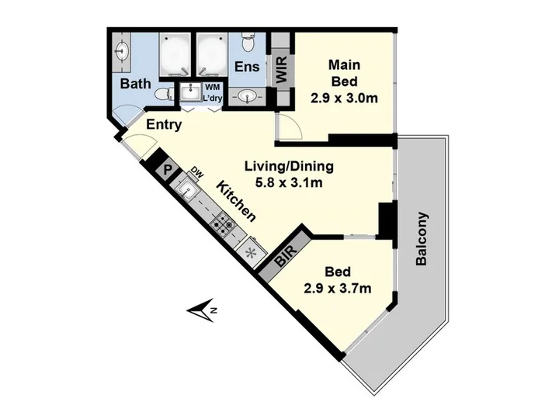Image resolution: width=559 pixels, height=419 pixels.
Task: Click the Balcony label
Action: click(422, 239)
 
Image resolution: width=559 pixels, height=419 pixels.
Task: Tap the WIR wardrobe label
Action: click(282, 70)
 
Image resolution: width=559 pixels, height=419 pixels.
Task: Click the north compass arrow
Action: click(201, 310)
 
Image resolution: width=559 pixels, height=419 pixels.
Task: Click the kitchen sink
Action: click(186, 189)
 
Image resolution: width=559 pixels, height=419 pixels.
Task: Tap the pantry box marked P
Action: click(167, 170)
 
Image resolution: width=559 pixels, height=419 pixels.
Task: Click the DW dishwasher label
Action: click(196, 172)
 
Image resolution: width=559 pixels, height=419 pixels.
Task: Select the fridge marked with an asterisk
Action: click(252, 253)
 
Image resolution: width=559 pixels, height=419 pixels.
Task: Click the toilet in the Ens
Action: click(247, 42)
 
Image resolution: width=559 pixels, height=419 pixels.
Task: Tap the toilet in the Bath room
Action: click(165, 95)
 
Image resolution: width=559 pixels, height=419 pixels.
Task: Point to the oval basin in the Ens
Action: click(247, 96)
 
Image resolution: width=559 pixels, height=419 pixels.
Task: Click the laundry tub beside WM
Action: click(190, 92)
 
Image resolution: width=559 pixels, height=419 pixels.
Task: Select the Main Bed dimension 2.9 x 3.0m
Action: click(344, 98)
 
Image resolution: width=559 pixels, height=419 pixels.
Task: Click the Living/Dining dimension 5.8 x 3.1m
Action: click(289, 183)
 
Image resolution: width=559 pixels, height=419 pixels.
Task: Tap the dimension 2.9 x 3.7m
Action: click(338, 288)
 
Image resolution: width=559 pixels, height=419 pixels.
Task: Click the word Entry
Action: click(164, 125)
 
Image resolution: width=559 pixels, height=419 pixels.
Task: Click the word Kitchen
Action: click(236, 201)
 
